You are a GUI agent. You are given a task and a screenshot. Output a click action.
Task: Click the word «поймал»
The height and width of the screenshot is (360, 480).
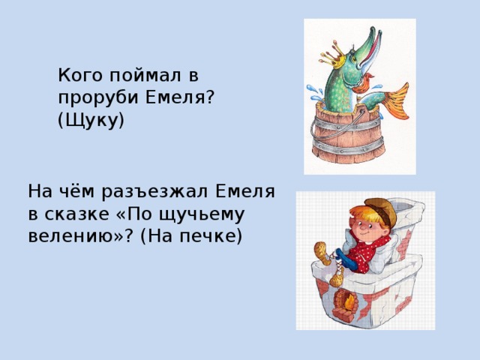[x=144, y=74]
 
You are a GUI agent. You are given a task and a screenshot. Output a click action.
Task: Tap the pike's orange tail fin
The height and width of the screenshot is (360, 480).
[x=394, y=100]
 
